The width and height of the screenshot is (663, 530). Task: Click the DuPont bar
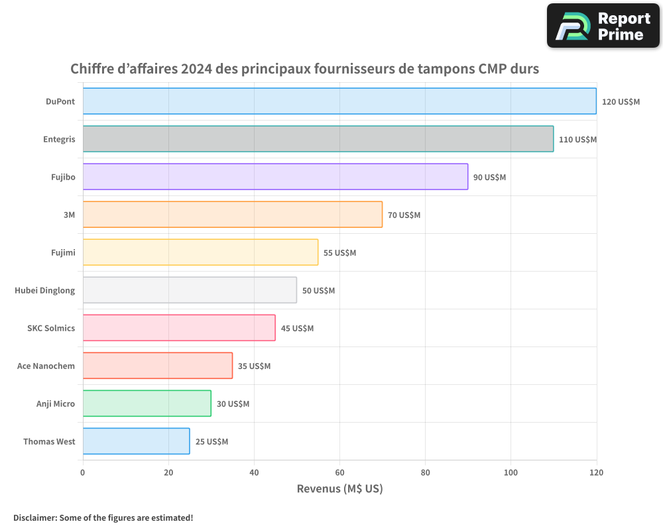[339, 101]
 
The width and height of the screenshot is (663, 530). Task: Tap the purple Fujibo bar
[275, 177]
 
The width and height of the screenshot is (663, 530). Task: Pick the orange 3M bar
[232, 215]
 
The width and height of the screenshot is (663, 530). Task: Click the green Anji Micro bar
[147, 403]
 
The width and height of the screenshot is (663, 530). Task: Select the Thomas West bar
[136, 441]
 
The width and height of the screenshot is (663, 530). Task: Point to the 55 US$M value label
[339, 253]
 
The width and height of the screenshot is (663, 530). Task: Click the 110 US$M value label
[577, 140]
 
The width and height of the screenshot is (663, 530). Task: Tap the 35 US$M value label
[254, 366]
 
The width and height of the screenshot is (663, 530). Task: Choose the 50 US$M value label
[318, 291]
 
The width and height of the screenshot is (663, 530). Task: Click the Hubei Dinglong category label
[44, 290]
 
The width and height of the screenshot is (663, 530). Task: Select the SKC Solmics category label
[51, 328]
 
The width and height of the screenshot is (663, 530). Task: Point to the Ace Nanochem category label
[46, 366]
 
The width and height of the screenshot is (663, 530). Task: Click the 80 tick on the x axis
[425, 473]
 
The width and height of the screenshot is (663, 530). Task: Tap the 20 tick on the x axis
[168, 473]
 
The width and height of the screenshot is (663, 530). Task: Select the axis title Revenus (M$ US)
[339, 489]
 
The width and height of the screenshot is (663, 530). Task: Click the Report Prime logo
[603, 26]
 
